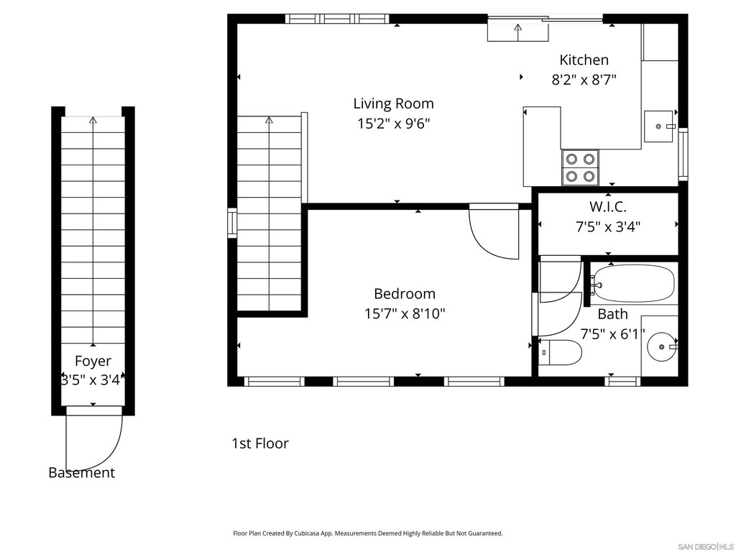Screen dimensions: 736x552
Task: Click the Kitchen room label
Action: coord(584,60)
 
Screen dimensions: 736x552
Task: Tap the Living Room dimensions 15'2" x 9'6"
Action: coord(393,124)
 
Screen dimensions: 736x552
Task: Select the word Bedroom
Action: coord(405,294)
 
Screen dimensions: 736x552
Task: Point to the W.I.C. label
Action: coord(608,206)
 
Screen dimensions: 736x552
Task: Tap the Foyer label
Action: coord(93,361)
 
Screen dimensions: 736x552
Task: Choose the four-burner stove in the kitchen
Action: coord(580,167)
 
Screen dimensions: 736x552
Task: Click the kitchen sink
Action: coord(660,126)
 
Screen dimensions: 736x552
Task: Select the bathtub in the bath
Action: coord(632,283)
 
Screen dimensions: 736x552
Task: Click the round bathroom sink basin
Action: coord(662,347)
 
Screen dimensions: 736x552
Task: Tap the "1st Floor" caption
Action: coord(260,443)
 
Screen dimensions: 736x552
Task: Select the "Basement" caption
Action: coord(82,473)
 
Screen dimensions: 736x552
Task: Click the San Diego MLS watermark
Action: coord(706,547)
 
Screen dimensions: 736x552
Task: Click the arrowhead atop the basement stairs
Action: coord(93,120)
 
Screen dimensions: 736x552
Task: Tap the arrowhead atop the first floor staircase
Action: coord(269,120)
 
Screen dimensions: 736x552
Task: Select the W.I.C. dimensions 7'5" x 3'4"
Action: coord(608,227)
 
